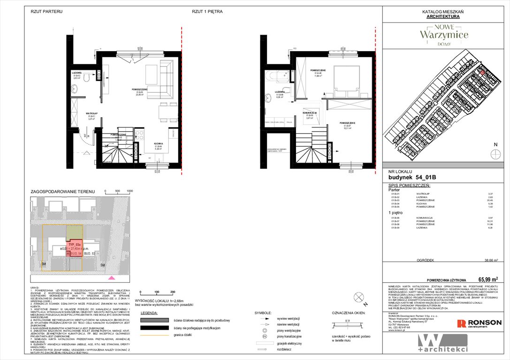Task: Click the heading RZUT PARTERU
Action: point(46,11)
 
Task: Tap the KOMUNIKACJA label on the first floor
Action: point(309,113)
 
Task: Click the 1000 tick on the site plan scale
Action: point(130,191)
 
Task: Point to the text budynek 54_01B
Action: point(409,178)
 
